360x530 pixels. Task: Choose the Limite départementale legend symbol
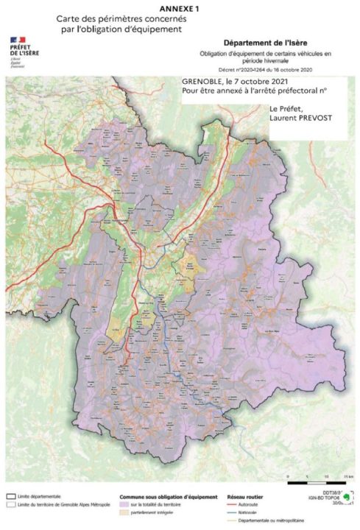[x=11, y=496]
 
